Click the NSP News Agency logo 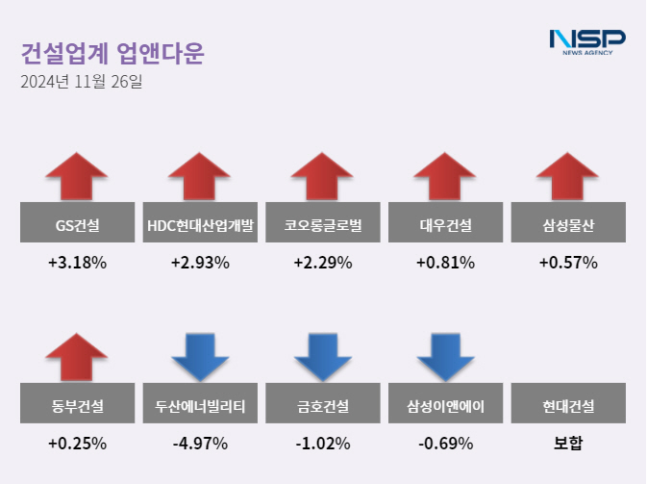(x=586, y=42)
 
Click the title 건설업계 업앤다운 (x=112, y=52)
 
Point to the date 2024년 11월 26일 (x=81, y=82)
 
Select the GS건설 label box (x=77, y=227)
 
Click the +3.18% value (x=77, y=263)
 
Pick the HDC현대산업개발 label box (x=200, y=227)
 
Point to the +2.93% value (x=200, y=263)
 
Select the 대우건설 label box (x=446, y=227)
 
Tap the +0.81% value (x=446, y=263)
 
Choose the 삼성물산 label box (x=568, y=227)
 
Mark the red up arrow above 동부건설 (x=77, y=357)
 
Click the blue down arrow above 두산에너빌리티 (x=200, y=357)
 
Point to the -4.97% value (x=200, y=444)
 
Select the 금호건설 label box (x=323, y=407)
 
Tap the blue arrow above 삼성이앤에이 (x=446, y=357)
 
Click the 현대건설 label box (x=568, y=407)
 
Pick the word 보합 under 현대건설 (x=568, y=444)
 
